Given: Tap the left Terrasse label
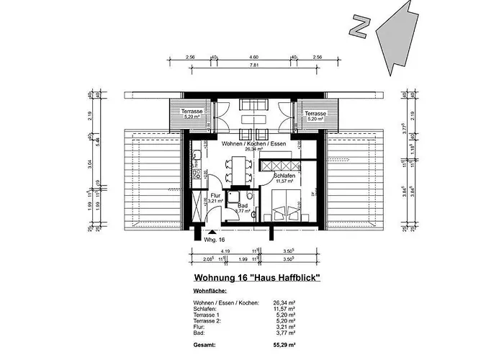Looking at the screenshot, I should [192, 113].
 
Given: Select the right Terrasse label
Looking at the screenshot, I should [315, 114].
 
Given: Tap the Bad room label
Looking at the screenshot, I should [243, 206].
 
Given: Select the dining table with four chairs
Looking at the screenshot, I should [231, 174].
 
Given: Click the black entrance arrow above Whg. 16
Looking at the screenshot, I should [210, 232].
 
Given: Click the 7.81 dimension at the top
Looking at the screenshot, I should [253, 65].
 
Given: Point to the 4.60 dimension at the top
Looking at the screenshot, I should [253, 56].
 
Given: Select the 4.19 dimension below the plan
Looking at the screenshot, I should [225, 251].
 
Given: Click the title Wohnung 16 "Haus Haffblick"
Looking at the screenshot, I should [257, 277].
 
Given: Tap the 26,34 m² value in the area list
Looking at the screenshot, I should [284, 302].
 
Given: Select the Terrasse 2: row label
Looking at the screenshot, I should [209, 321].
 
